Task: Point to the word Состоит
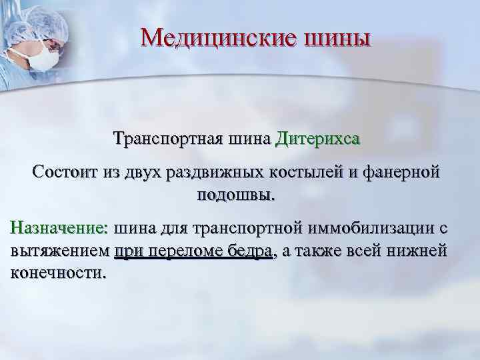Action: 65,173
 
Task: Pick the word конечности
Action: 58,274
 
